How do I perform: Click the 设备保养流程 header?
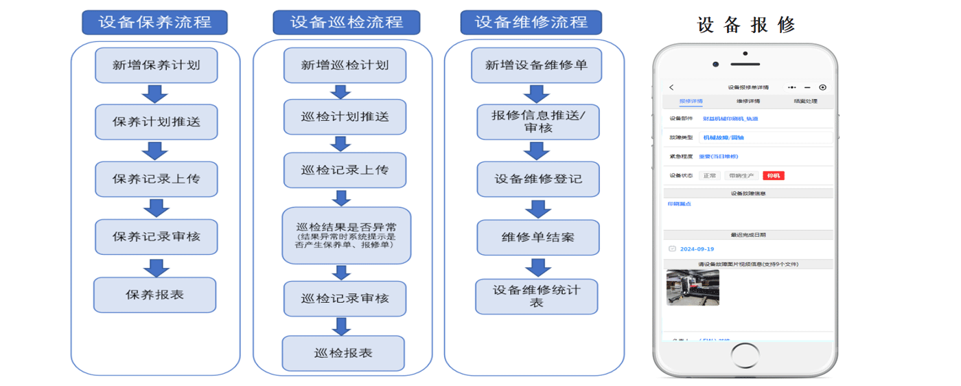pyautogui.click(x=154, y=22)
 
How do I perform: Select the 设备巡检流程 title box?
pyautogui.click(x=346, y=22)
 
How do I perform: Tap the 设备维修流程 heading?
pyautogui.click(x=531, y=22)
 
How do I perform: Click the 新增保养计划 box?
pyautogui.click(x=157, y=65)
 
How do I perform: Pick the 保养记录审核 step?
pyautogui.click(x=157, y=236)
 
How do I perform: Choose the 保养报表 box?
pyautogui.click(x=154, y=295)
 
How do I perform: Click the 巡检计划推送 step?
pyautogui.click(x=345, y=117)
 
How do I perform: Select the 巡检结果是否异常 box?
pyautogui.click(x=346, y=236)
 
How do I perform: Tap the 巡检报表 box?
pyautogui.click(x=343, y=353)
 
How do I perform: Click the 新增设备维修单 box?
pyautogui.click(x=536, y=65)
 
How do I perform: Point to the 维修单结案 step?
pyautogui.click(x=537, y=238)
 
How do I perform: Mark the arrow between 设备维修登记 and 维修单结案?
pyautogui.click(x=537, y=209)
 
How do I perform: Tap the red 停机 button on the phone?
pyautogui.click(x=773, y=176)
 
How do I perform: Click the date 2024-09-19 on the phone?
pyautogui.click(x=698, y=249)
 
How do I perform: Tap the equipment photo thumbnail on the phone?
pyautogui.click(x=693, y=287)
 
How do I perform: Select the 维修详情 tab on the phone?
pyautogui.click(x=748, y=102)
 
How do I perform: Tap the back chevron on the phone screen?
pyautogui.click(x=671, y=87)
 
